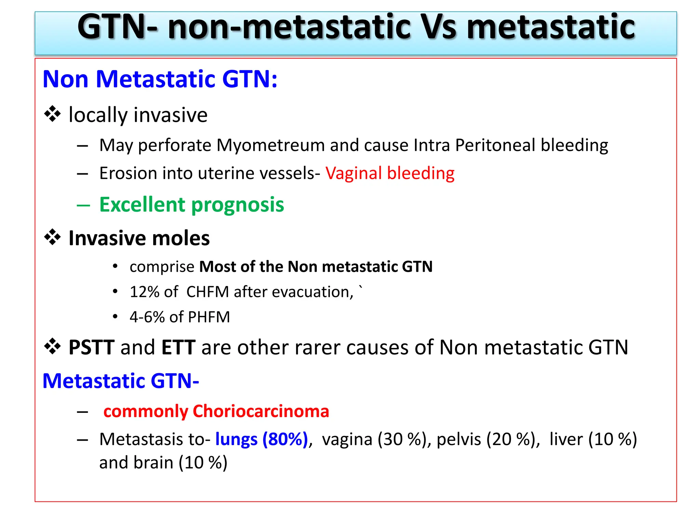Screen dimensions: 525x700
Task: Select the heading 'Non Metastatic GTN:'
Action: [160, 79]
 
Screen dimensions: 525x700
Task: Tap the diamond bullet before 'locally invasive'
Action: [52, 114]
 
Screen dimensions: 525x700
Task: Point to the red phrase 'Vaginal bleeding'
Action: [390, 173]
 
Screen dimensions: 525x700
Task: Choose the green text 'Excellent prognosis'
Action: [191, 205]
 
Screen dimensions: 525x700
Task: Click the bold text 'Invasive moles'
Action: [139, 238]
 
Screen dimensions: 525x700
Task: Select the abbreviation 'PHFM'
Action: [209, 317]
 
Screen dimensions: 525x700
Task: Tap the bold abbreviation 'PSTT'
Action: [91, 348]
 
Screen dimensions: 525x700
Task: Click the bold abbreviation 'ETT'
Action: [178, 348]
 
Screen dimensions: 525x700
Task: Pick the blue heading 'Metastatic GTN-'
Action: [121, 381]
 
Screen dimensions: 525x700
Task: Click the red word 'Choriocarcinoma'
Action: [260, 411]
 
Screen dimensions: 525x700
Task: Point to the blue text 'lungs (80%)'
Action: [261, 439]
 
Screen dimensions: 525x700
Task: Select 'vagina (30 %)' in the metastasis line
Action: [374, 439]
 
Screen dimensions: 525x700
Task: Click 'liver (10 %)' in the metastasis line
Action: [593, 439]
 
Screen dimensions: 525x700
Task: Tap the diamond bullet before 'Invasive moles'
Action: [52, 238]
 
